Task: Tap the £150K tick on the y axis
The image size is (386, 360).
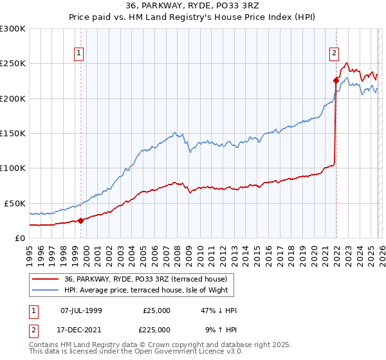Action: (13, 134)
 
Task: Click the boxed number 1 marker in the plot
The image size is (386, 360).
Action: (78, 54)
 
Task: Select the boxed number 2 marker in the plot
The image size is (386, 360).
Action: (335, 54)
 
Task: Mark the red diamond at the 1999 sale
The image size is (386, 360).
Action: (80, 221)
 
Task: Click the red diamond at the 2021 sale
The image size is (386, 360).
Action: (336, 80)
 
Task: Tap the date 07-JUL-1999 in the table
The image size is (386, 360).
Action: (80, 310)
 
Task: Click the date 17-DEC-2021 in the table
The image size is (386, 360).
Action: (80, 330)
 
